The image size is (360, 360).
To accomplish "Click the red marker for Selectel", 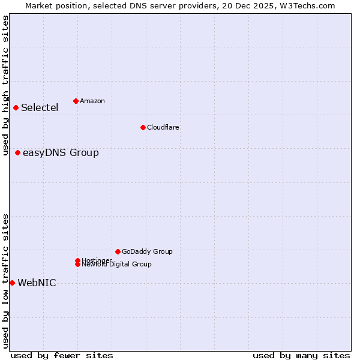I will click(16, 107).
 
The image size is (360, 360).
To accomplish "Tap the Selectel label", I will click(40, 108).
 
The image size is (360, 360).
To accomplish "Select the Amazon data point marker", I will click(76, 101).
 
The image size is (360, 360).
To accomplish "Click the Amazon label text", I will click(92, 101).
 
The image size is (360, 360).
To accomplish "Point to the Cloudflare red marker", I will click(143, 127).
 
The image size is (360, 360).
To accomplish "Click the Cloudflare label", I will click(163, 127).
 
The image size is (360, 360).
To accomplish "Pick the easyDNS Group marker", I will click(18, 152).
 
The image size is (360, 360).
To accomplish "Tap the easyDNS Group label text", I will click(61, 153).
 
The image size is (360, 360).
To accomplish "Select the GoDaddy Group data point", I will click(118, 251).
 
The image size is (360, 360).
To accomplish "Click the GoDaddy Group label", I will click(147, 252).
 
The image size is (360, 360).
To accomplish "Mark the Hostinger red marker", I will click(77, 260).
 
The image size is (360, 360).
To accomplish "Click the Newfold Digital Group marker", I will click(77, 265).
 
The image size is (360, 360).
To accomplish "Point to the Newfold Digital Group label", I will click(117, 265).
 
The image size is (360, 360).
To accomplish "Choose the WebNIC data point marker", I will click(12, 283).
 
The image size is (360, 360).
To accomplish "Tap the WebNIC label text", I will click(37, 283).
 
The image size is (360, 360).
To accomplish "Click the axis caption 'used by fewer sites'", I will click(62, 355).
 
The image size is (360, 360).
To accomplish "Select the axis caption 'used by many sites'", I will click(301, 355).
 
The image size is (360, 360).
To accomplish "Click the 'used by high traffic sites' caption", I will click(5, 85).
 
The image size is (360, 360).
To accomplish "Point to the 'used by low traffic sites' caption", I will click(5, 281).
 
